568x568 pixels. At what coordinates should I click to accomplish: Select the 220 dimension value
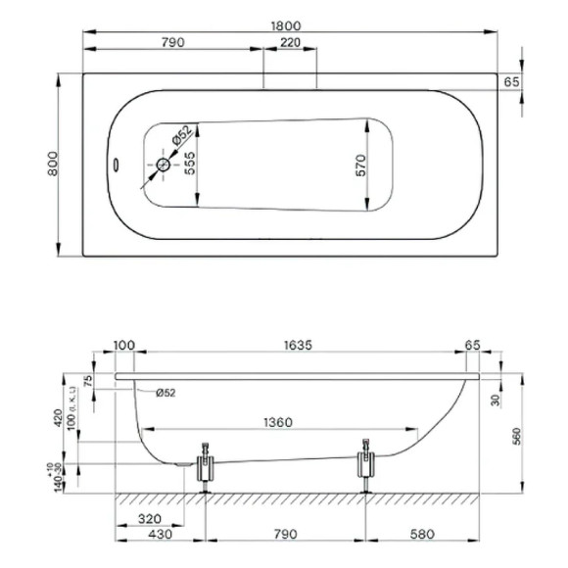pyautogui.click(x=290, y=42)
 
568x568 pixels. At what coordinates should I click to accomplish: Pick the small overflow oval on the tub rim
pyautogui.click(x=115, y=165)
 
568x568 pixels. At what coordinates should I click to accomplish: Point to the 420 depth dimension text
pyautogui.click(x=60, y=419)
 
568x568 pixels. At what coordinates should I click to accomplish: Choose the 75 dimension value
pyautogui.click(x=87, y=382)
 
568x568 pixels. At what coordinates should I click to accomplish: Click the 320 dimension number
pyautogui.click(x=150, y=520)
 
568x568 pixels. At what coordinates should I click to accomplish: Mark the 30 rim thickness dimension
pyautogui.click(x=496, y=400)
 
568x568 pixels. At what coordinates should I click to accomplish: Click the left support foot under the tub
pyautogui.click(x=206, y=471)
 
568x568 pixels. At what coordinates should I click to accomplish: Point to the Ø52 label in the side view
pyautogui.click(x=166, y=392)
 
